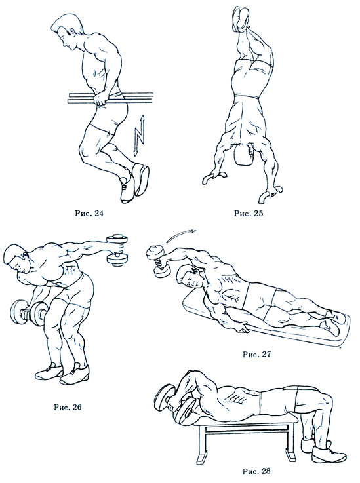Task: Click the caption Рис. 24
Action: pyautogui.click(x=89, y=214)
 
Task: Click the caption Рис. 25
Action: pyautogui.click(x=249, y=214)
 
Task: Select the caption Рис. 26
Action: pyautogui.click(x=68, y=407)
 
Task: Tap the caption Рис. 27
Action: pyautogui.click(x=256, y=354)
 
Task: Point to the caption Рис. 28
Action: pyautogui.click(x=256, y=471)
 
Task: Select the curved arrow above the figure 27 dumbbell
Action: pyautogui.click(x=180, y=235)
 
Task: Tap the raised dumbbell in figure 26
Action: pyautogui.click(x=117, y=250)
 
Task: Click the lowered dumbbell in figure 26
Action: pyautogui.click(x=28, y=313)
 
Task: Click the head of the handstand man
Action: pyautogui.click(x=243, y=153)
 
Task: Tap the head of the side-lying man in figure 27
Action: pyautogui.click(x=189, y=277)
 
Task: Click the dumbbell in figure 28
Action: pyautogui.click(x=175, y=406)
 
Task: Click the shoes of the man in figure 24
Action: pyautogui.click(x=134, y=184)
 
